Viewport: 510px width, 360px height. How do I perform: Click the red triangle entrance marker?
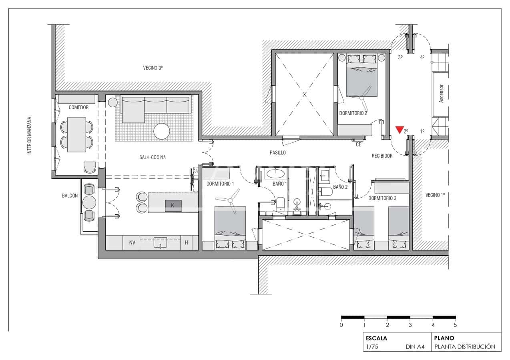(399, 130)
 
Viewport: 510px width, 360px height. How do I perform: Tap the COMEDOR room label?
(78, 108)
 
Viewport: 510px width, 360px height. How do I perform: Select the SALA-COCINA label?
(150, 157)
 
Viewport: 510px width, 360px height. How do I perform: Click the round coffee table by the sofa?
(162, 131)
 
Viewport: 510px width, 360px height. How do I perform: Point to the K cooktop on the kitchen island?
(173, 205)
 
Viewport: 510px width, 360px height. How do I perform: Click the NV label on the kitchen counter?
(132, 242)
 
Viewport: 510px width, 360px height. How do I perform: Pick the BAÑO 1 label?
(280, 184)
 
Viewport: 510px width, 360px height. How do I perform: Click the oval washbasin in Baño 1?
(275, 173)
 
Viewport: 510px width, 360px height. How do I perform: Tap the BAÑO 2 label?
(340, 187)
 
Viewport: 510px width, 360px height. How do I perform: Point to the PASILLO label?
(277, 153)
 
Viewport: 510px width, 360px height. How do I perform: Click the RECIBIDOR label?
(382, 156)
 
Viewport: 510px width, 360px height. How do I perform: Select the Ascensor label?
(442, 94)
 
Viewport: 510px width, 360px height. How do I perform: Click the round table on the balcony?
(89, 202)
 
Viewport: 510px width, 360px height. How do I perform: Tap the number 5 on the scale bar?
(455, 325)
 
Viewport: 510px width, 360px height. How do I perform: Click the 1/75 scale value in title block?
(372, 347)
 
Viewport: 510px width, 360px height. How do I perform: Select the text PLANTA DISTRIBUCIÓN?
(465, 347)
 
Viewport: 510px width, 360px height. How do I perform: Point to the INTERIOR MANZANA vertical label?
(29, 136)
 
